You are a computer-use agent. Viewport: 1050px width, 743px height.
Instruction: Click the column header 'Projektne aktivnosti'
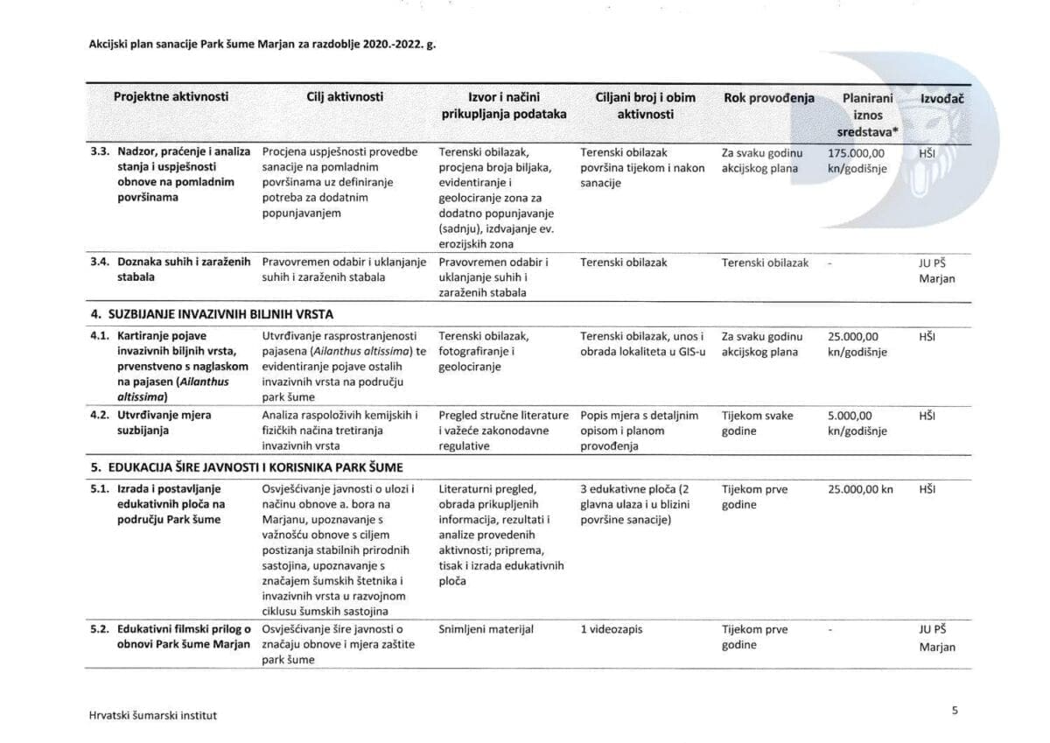tap(171, 97)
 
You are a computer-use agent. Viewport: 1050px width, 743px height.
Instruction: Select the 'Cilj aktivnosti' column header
tap(345, 97)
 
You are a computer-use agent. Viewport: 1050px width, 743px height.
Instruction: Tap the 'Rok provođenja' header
tap(768, 97)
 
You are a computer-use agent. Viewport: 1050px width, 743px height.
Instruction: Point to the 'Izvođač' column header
tap(941, 98)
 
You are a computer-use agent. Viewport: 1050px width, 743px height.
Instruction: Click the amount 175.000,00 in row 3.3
tap(855, 152)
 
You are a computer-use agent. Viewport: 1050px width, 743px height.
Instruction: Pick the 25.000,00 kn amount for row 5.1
tap(859, 489)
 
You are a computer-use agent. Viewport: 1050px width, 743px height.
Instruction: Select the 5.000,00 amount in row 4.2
tap(853, 416)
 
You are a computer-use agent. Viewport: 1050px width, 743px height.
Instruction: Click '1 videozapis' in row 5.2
tap(612, 629)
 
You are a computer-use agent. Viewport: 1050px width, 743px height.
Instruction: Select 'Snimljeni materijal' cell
tap(486, 629)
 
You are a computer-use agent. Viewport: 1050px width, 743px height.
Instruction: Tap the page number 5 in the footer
tap(955, 711)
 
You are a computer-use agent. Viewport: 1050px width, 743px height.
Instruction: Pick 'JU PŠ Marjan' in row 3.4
tap(936, 270)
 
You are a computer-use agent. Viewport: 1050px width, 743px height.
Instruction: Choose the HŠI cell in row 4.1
tap(927, 336)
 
